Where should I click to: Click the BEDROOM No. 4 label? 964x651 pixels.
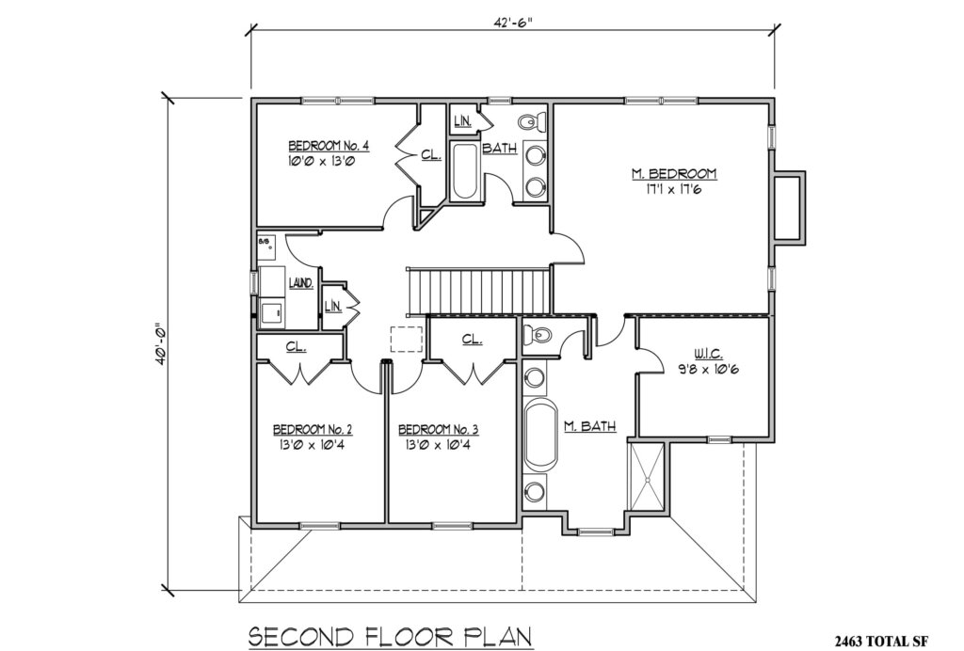[x=328, y=146]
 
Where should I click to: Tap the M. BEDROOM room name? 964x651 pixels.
[x=674, y=174]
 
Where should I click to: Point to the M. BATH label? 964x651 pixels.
[x=590, y=426]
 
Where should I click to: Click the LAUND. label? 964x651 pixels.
[x=300, y=282]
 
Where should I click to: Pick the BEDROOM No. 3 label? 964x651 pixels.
[x=438, y=430]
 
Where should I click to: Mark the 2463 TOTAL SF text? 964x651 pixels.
[x=892, y=640]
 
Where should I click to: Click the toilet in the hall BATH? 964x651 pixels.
[x=531, y=121]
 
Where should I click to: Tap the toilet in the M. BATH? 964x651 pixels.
[x=539, y=336]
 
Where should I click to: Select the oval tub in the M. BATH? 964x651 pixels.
[x=540, y=435]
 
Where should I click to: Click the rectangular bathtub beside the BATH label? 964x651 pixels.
[x=464, y=171]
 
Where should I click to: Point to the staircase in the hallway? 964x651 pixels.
[x=476, y=289]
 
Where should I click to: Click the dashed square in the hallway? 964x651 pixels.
[x=407, y=339]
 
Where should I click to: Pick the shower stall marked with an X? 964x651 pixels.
[x=648, y=478]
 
